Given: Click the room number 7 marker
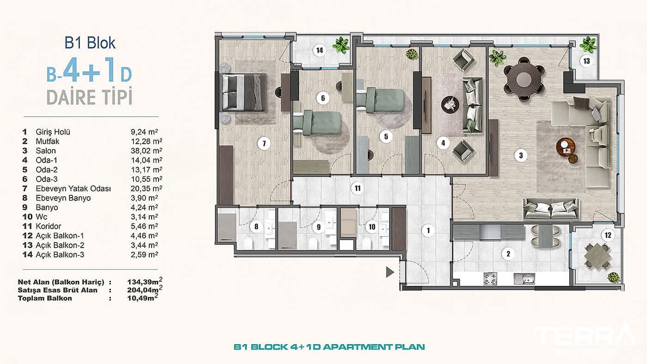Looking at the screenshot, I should tap(264, 144).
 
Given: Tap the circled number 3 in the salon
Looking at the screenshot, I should tap(521, 156).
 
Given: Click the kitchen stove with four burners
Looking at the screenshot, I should tap(489, 279).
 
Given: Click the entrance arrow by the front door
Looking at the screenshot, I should tap(390, 273).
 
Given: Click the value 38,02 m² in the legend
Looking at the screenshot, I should tap(146, 151).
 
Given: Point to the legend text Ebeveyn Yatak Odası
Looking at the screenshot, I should tap(73, 188).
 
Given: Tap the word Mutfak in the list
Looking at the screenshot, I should tap(48, 141).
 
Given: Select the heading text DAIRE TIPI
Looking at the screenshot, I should tap(89, 97).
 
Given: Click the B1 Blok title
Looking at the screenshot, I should tap(90, 43).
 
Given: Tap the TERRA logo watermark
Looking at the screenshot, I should tap(585, 336).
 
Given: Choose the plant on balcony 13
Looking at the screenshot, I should tap(588, 45).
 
